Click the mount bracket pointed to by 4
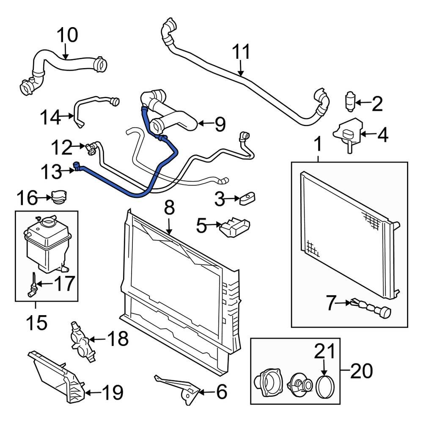point(348,133)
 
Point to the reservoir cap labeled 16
point(58,197)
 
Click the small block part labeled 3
point(247,198)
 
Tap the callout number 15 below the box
point(36,324)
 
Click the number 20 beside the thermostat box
point(362,371)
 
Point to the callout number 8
point(169,208)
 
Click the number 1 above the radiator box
point(318,145)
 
